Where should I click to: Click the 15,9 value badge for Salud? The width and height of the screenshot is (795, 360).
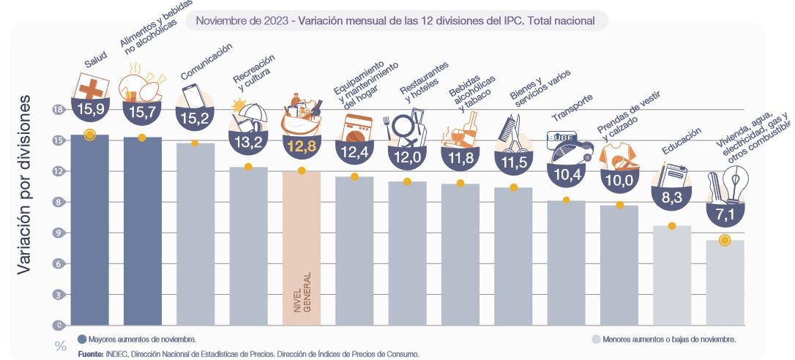(x=89, y=112)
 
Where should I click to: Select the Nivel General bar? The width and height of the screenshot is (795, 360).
(x=301, y=249)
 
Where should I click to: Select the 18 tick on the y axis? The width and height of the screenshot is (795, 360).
(x=58, y=110)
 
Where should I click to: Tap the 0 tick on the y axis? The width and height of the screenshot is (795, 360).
(x=58, y=325)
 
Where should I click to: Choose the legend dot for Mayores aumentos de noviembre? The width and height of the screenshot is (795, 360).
(x=82, y=340)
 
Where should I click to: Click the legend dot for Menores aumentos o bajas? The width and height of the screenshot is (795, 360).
(x=596, y=340)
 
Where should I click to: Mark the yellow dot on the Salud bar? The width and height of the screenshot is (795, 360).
(x=89, y=134)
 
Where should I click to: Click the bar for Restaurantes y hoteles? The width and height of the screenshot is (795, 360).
(x=407, y=252)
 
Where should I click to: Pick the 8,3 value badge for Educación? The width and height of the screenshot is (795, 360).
(x=671, y=197)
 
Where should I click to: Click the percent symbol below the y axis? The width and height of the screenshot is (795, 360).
(x=61, y=345)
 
